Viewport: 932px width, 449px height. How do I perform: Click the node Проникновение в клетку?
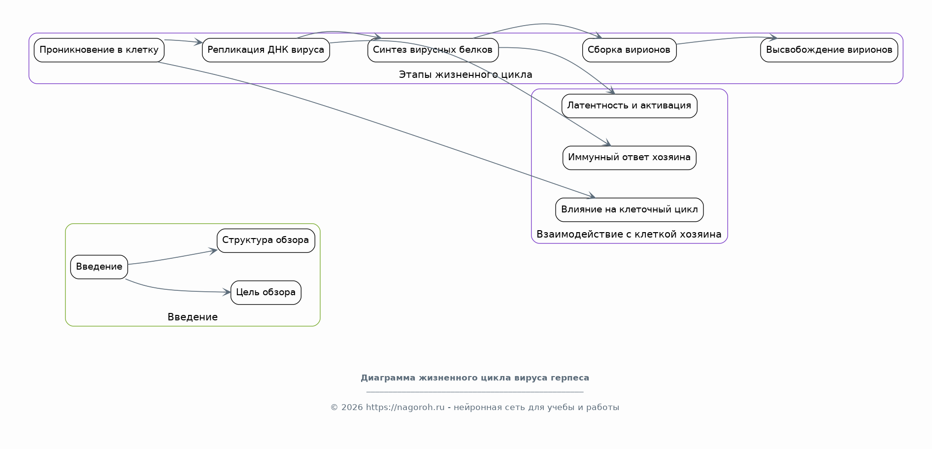point(99,50)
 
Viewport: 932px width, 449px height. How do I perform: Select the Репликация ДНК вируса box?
point(266,50)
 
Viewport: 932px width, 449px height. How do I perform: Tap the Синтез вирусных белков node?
point(433,50)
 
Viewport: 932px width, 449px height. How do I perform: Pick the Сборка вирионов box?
point(629,50)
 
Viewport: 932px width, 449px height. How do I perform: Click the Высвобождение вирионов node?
point(829,50)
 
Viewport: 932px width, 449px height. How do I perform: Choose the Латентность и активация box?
point(629,106)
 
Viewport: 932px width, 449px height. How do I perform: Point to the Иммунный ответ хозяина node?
point(629,158)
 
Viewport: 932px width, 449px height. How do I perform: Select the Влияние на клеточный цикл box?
point(629,210)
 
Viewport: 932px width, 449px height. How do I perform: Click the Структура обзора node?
point(266,241)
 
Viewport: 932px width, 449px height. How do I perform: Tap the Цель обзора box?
point(266,293)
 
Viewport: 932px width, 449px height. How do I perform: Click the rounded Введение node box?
point(99,267)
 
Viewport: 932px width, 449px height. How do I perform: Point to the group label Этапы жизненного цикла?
point(466,74)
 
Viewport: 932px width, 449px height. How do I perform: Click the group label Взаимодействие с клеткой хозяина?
point(629,234)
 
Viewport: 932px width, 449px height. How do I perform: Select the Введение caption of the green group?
point(193,317)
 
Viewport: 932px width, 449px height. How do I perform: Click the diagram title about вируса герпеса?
point(475,378)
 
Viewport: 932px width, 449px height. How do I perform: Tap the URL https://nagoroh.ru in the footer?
point(405,407)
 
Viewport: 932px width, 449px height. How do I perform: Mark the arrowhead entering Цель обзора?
point(227,292)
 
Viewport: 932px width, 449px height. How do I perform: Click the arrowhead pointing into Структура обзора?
point(213,251)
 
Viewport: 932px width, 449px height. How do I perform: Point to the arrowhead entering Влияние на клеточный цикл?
point(592,196)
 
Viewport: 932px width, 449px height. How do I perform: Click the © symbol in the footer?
point(334,408)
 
